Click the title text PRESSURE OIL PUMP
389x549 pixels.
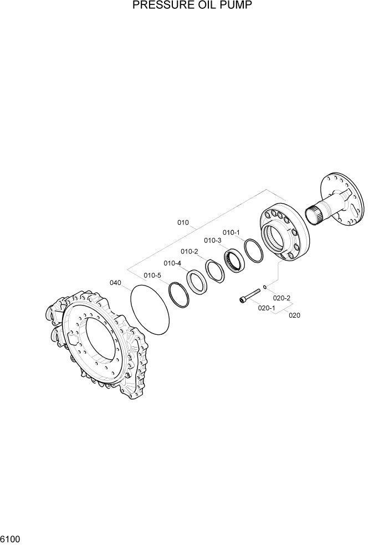pyautogui.click(x=194, y=6)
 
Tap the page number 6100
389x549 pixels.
pyautogui.click(x=11, y=538)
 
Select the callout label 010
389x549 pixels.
pyautogui.click(x=183, y=223)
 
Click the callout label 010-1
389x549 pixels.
pyautogui.click(x=231, y=232)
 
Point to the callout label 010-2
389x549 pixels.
pyautogui.click(x=190, y=251)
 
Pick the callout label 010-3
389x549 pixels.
pyautogui.click(x=212, y=240)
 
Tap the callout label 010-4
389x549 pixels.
pyautogui.click(x=172, y=263)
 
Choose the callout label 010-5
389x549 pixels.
pyautogui.click(x=152, y=275)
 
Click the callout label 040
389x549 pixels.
pyautogui.click(x=115, y=282)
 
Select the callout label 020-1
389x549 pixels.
pyautogui.click(x=267, y=308)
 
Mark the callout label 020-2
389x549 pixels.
pyautogui.click(x=281, y=298)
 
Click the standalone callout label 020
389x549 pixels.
pyautogui.click(x=294, y=315)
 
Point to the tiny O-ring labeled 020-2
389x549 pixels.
pyautogui.click(x=266, y=287)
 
